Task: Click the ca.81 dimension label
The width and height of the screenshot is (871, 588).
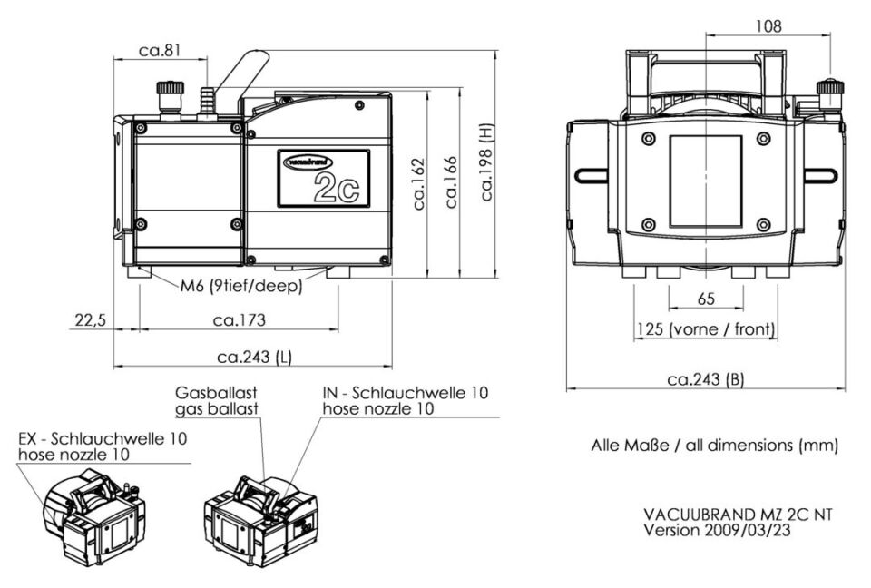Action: pyautogui.click(x=160, y=50)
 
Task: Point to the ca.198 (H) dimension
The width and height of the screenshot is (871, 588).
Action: pyautogui.click(x=489, y=163)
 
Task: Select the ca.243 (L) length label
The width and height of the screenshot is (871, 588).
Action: pyautogui.click(x=252, y=358)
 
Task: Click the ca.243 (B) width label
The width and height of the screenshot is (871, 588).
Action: pyautogui.click(x=705, y=380)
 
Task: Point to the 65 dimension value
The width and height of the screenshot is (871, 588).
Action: pyautogui.click(x=705, y=298)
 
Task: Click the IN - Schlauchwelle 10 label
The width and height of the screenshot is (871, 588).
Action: pyautogui.click(x=405, y=394)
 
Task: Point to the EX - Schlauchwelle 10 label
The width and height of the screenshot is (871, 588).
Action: pyautogui.click(x=103, y=446)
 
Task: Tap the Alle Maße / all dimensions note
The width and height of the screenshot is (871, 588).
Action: pyautogui.click(x=713, y=446)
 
